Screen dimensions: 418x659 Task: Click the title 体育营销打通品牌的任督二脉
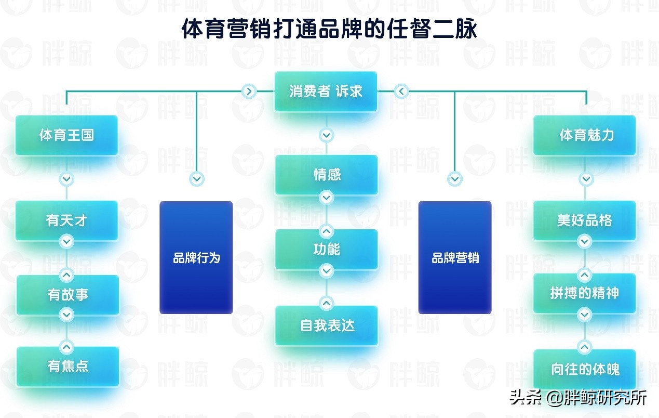pos(329,29)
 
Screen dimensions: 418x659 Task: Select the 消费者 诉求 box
pos(326,92)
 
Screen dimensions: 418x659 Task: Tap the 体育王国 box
pos(66,135)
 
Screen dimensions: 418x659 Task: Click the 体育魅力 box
pos(585,135)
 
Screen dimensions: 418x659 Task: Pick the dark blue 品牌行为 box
pos(196,257)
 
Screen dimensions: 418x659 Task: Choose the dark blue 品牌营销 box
pos(455,257)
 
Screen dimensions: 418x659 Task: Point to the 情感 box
pos(326,174)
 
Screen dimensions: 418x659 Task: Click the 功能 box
pos(326,249)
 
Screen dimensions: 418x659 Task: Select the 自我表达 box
pos(326,325)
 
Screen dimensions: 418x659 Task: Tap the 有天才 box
pos(66,220)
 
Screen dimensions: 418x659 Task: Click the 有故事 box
pos(68,295)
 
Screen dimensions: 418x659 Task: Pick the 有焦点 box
pos(68,366)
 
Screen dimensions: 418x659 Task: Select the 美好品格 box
pos(585,220)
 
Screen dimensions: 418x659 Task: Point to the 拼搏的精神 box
pos(585,293)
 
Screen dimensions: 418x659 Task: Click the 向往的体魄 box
pos(585,369)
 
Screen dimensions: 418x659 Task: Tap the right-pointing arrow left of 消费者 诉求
pos(249,92)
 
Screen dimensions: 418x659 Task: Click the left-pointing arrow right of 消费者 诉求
pos(401,92)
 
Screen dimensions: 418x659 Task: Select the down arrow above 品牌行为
pos(196,179)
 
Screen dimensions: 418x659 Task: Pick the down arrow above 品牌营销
pos(455,179)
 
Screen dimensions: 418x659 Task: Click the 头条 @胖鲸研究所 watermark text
pos(578,398)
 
